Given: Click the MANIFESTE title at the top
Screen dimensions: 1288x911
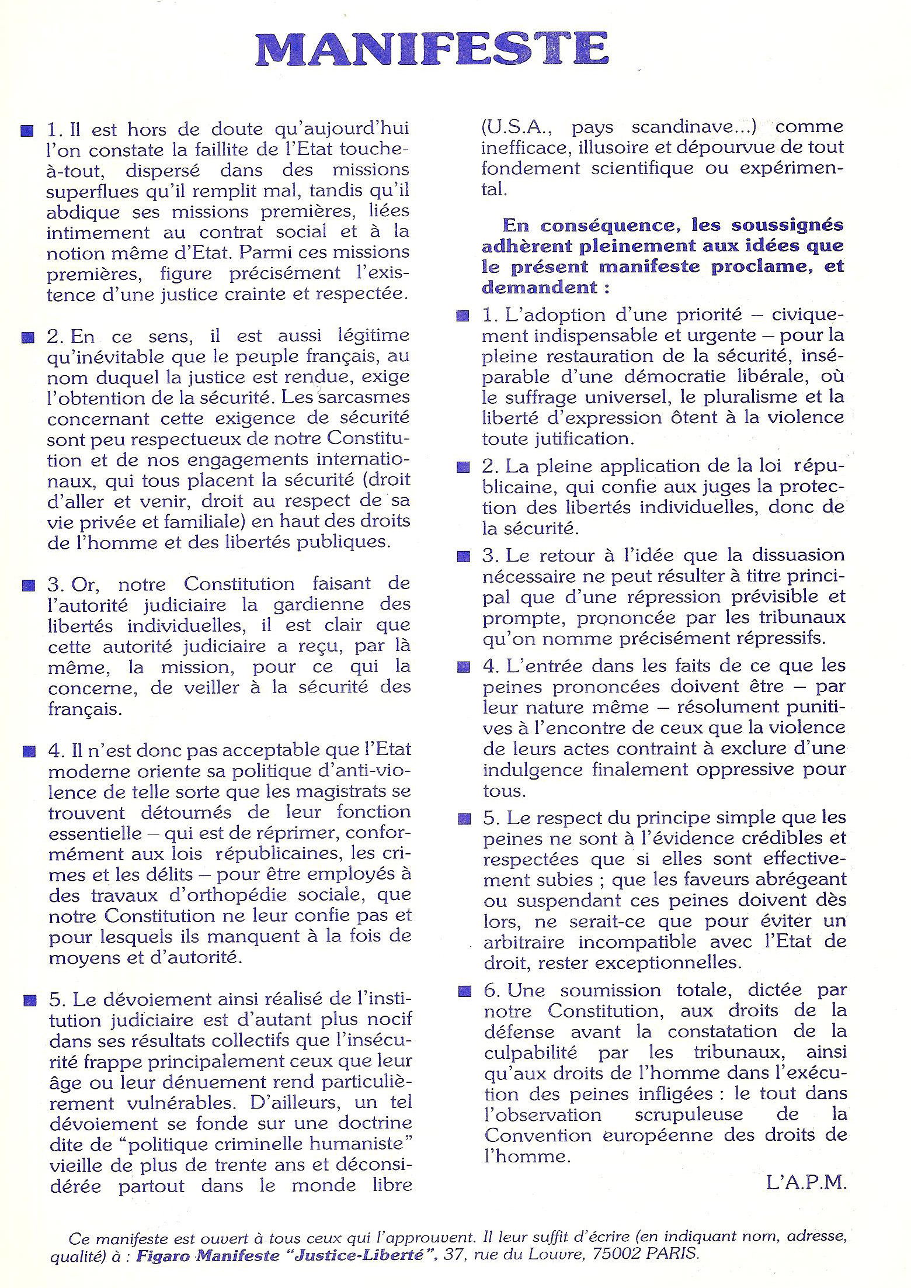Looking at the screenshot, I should (x=432, y=49).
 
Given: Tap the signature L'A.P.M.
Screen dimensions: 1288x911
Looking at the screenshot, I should (x=806, y=1183).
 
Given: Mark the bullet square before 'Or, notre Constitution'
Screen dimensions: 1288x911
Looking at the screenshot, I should (x=27, y=585).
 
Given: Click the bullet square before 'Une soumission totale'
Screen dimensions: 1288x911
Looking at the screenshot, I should (x=464, y=991).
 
